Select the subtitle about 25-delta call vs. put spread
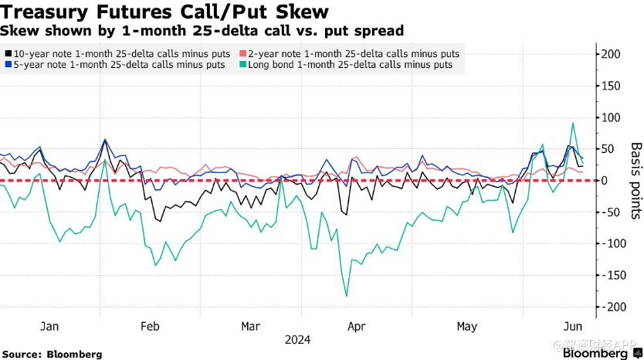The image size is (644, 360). pos(202,31)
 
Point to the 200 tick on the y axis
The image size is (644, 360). pos(612,54)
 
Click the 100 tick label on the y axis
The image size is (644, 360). pos(612,117)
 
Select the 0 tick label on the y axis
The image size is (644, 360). pos(606,181)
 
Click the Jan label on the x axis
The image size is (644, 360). pos(49,327)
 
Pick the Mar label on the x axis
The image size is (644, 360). pos(250,327)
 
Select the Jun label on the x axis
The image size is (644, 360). pos(572,327)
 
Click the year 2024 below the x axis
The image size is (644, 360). pos(297,339)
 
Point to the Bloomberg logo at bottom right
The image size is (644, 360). pos(595,353)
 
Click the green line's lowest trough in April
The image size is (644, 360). pos(346,296)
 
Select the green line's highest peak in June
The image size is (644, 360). pos(573,123)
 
